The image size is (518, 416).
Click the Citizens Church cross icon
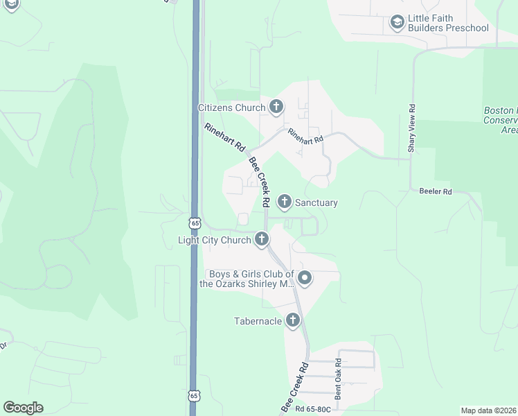pos(276,107)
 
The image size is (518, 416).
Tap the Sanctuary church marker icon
pos(284,202)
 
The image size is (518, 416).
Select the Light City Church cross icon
pos(261,241)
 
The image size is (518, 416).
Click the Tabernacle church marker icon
pos(293,320)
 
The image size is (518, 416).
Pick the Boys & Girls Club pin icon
pos(305,279)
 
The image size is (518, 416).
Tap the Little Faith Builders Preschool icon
pos(397,23)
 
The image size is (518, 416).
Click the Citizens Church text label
pos(231,107)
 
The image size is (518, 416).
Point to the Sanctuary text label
pos(316,203)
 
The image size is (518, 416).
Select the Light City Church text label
pos(214,241)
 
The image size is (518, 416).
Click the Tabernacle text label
pos(258,321)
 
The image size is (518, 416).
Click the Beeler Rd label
pos(436,191)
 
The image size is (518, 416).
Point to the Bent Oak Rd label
pos(338,379)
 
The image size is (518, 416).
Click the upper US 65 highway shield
pos(194,223)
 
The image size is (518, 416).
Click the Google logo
pos(23,408)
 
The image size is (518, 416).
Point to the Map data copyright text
pos(488,410)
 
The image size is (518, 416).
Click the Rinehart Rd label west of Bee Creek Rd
pos(225,137)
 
